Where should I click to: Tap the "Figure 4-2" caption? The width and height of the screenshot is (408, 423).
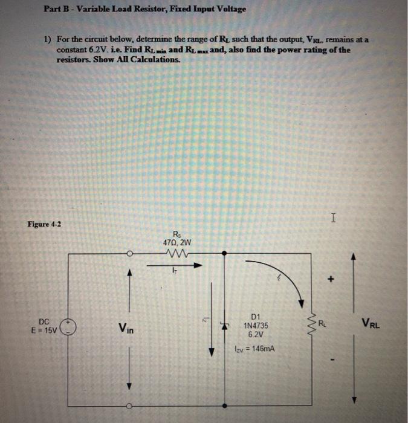click(x=44, y=224)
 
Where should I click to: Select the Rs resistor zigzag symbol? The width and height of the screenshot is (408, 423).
click(x=176, y=254)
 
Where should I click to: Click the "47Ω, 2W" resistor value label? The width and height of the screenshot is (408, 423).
click(x=176, y=243)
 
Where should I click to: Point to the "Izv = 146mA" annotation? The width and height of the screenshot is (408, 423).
click(x=254, y=349)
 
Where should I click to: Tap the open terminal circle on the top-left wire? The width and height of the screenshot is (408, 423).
click(x=128, y=254)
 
